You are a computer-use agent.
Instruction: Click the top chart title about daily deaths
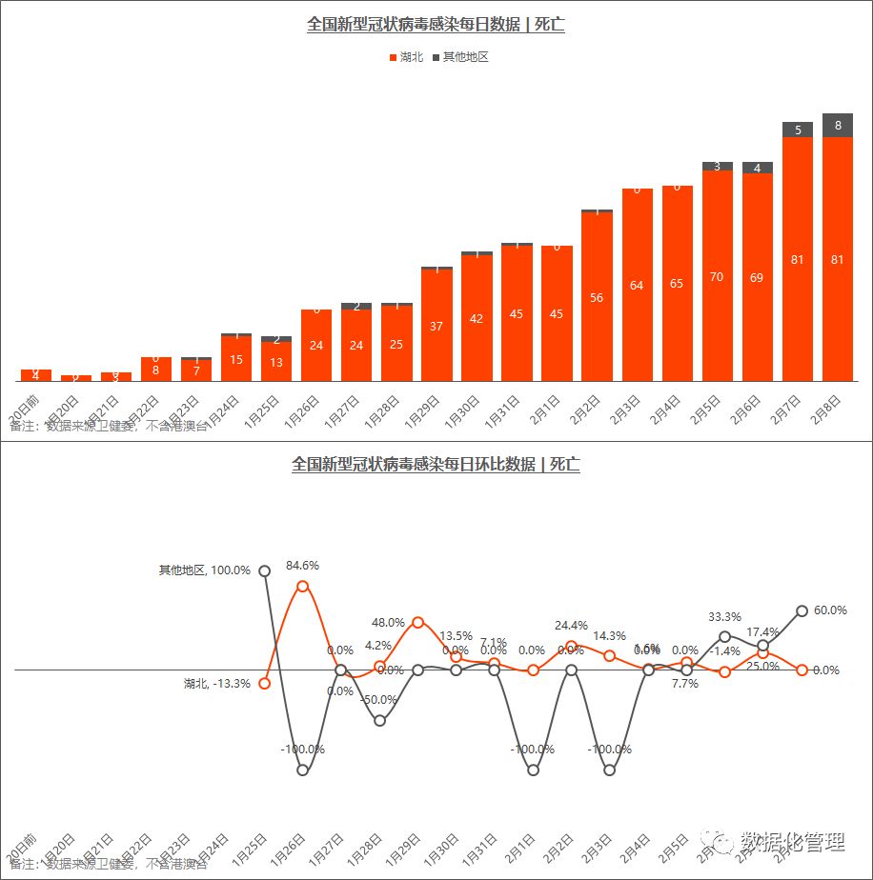(x=436, y=25)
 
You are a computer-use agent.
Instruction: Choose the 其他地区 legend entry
(x=460, y=57)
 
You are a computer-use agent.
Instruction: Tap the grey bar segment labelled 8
(x=838, y=125)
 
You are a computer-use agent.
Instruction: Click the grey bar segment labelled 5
(x=798, y=130)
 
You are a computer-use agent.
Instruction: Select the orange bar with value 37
(x=436, y=325)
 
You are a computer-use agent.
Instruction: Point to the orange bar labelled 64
(x=637, y=285)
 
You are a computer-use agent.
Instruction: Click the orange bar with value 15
(x=236, y=358)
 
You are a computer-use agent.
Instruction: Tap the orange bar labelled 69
(x=757, y=277)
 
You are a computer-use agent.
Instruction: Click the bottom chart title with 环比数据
(x=436, y=465)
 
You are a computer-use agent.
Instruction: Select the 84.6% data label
(x=302, y=565)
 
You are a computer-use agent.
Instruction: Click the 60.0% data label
(x=831, y=610)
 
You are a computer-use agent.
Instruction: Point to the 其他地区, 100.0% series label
(x=205, y=570)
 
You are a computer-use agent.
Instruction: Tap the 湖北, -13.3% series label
(x=216, y=683)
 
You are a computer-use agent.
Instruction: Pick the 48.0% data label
(x=388, y=622)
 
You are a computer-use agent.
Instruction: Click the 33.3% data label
(x=725, y=617)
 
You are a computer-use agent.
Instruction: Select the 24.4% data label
(x=572, y=626)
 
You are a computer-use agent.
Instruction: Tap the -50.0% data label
(x=379, y=699)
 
